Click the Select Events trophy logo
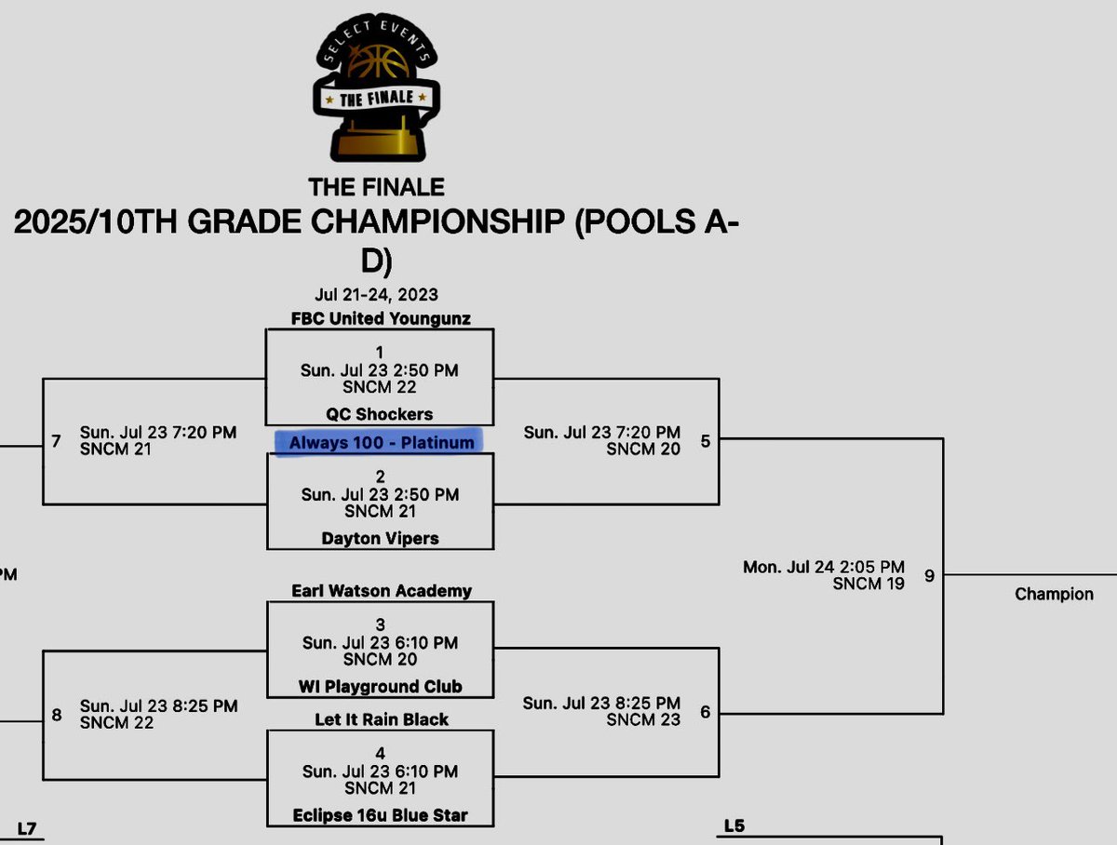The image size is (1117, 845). (x=376, y=91)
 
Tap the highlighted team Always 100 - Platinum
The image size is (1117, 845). (x=381, y=443)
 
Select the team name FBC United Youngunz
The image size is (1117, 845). (x=380, y=318)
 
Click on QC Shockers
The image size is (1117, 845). (x=380, y=414)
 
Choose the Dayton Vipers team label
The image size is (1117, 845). (x=380, y=538)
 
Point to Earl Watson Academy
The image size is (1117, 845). (x=381, y=591)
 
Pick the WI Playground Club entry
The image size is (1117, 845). (x=380, y=687)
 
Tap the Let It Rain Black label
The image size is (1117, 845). (x=381, y=719)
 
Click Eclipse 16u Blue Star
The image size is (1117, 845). (x=380, y=815)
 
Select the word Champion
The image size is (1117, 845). (x=1054, y=594)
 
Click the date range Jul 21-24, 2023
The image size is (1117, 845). (x=376, y=295)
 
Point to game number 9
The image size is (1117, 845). (x=929, y=576)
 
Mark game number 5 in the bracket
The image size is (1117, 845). (x=705, y=440)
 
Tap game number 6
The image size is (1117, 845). (x=705, y=712)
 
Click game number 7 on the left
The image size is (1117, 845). (x=56, y=440)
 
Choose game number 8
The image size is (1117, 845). (x=56, y=715)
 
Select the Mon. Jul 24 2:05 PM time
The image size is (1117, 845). (x=823, y=567)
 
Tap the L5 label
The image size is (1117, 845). (x=734, y=825)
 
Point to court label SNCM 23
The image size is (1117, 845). (x=643, y=719)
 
